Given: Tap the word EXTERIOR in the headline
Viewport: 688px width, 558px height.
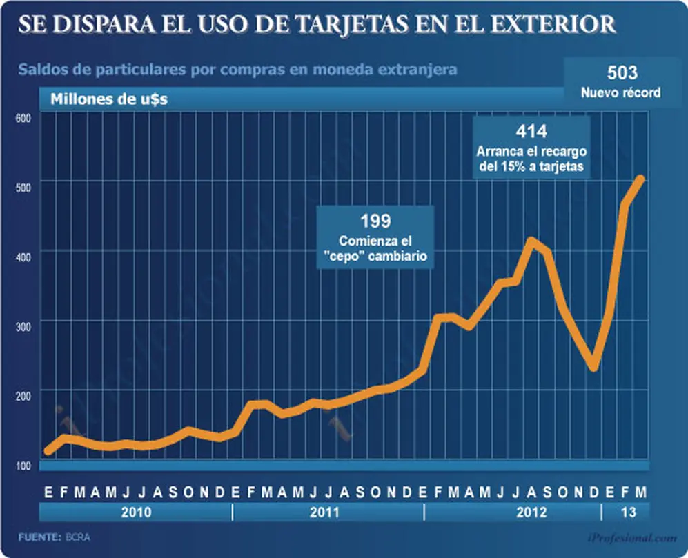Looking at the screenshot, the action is point(553,25).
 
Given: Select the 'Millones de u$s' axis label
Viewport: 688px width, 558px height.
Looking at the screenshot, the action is point(109,99).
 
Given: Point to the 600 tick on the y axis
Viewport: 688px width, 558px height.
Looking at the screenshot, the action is point(23,118).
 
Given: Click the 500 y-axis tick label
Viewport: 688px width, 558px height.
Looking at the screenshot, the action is point(23,188).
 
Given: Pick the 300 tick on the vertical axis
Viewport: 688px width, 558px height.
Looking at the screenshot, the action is point(23,327).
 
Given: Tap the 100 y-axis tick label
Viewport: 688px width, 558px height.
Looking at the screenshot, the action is point(23,466).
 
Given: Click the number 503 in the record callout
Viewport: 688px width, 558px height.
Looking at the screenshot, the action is point(622,73).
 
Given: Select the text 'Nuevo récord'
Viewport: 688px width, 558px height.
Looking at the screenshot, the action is point(621,92).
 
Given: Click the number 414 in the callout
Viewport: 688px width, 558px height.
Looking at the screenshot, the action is point(531,131).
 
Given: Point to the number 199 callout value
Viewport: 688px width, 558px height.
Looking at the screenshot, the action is point(375,221).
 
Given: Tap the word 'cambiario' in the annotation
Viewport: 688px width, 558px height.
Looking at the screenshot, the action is point(397,256).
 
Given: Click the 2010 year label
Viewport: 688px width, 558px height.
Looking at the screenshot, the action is point(136,512).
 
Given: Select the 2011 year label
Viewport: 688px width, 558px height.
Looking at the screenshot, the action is point(325,512).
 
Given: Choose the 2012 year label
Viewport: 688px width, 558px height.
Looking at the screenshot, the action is point(532,512).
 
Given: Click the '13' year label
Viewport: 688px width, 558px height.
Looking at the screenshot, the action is point(629,512).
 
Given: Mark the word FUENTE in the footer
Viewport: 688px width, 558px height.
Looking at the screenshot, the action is point(39,537).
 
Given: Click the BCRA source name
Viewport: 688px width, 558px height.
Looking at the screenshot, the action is point(78,537).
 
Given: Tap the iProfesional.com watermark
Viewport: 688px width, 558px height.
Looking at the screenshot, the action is point(631,538).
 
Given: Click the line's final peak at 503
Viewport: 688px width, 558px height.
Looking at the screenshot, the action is point(640,179).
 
